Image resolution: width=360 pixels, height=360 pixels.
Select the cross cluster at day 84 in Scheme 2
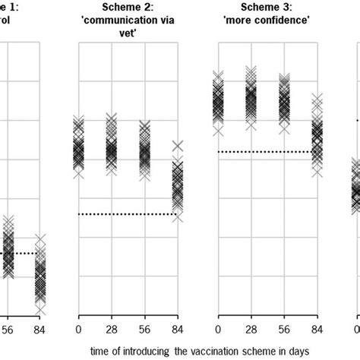(x=177, y=186)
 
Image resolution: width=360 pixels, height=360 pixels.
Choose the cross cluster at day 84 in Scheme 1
(x=41, y=275)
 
